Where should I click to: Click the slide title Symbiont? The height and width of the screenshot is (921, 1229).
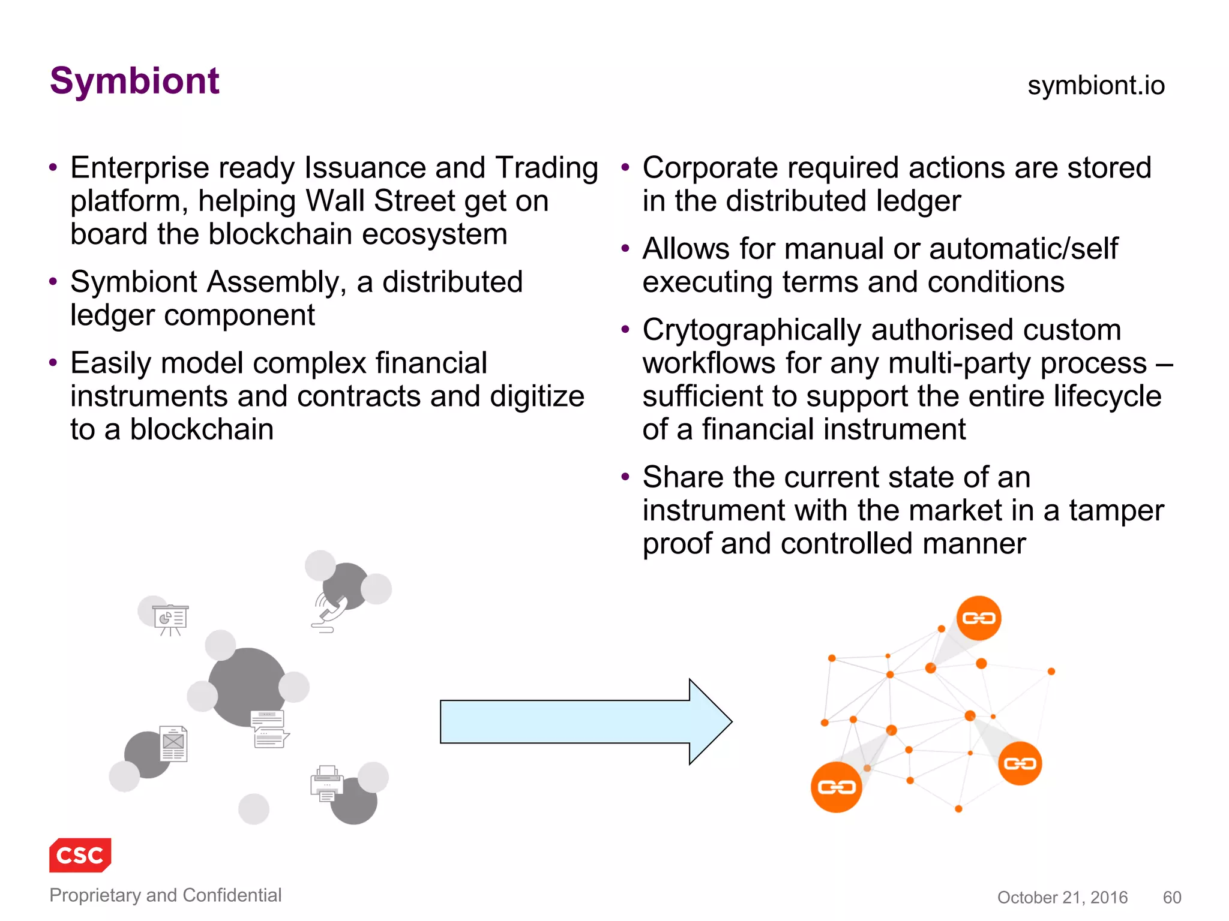134,81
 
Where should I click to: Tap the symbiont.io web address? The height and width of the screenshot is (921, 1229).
1096,85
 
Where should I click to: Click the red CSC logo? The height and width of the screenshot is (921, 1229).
80,855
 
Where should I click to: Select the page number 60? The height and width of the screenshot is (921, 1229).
1172,897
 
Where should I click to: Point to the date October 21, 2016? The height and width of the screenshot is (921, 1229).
1062,897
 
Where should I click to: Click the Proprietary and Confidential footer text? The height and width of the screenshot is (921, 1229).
165,895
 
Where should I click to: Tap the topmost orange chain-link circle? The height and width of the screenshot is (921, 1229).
979,618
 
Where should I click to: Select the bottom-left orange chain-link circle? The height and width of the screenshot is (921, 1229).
836,787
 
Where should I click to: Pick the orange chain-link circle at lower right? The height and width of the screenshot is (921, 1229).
1020,763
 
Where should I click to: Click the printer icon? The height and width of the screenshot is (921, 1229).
327,783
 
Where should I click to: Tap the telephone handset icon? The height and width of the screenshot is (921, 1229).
331,611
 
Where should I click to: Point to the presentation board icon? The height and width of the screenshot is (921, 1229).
171,619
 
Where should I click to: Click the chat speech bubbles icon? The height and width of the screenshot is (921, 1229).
269,729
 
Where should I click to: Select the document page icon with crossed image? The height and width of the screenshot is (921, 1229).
173,744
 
